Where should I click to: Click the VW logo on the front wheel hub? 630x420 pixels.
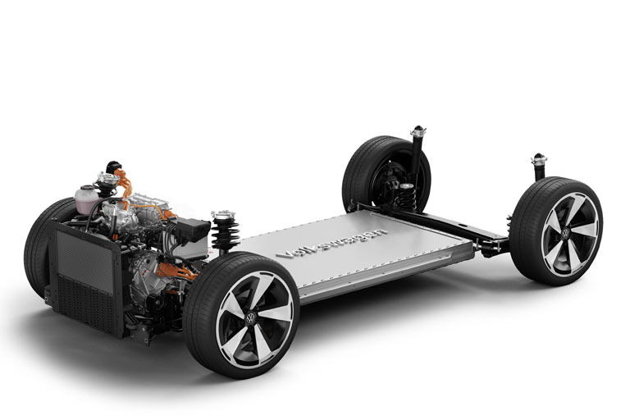point(250,319)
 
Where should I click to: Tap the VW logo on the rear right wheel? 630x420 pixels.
point(565,234)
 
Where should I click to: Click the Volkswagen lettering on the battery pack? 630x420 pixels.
point(331,243)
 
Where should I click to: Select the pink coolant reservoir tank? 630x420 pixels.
point(87,199)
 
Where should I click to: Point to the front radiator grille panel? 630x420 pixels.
point(85,277)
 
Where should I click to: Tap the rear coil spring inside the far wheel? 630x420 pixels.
point(407,197)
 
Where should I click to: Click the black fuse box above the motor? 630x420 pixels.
point(193,231)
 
